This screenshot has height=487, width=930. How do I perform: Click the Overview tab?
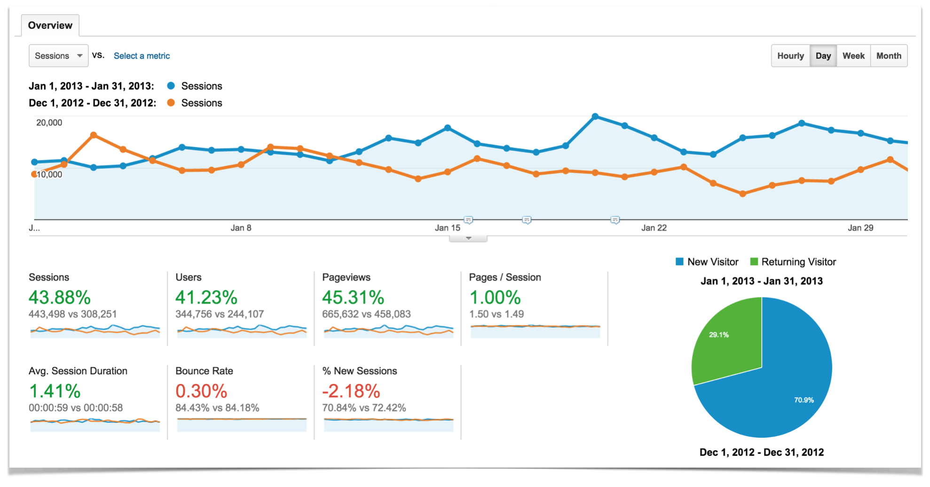point(50,25)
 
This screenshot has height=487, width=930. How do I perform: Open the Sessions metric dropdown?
point(58,55)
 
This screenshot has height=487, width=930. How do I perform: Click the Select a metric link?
point(142,55)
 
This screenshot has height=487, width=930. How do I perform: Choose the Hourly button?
point(790,55)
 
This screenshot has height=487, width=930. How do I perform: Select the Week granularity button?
point(853,55)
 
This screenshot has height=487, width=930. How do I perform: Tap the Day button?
point(823,55)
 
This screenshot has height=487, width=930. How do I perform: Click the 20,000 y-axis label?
point(49,123)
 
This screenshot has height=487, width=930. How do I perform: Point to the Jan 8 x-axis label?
point(241,228)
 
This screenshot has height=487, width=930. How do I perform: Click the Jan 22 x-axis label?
point(654,228)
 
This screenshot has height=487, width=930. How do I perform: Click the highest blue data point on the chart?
point(595,116)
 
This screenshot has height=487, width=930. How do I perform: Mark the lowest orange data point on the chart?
point(742,194)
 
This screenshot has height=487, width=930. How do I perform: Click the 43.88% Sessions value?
point(60,297)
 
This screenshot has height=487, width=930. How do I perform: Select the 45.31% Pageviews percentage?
point(353,297)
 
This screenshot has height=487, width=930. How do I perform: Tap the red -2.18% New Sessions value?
point(351,391)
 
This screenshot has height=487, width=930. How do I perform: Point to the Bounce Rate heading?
point(204,371)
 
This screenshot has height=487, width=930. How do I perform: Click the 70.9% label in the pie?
point(804,400)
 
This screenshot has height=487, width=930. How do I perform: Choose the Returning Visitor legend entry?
point(798,262)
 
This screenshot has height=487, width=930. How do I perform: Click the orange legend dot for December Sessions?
point(171,102)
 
